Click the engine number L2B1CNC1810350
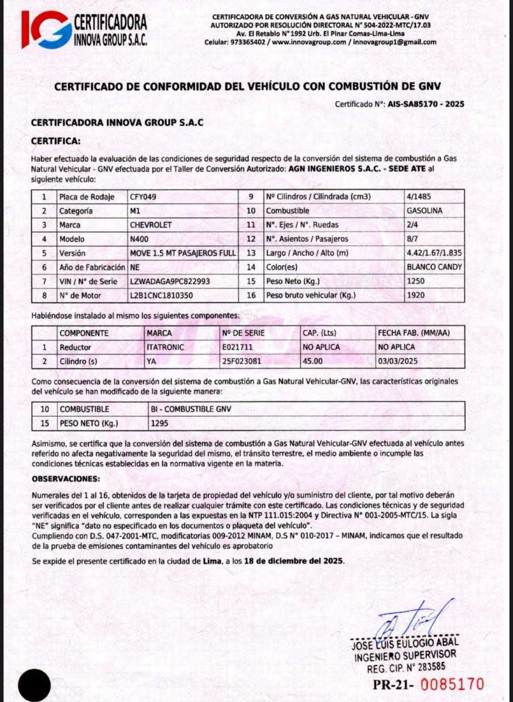pyautogui.click(x=161, y=295)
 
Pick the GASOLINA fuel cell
pyautogui.click(x=424, y=211)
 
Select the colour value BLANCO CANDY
pyautogui.click(x=433, y=267)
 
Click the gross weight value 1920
pyautogui.click(x=415, y=295)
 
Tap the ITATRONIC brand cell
pyautogui.click(x=165, y=347)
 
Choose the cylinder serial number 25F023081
pyautogui.click(x=242, y=362)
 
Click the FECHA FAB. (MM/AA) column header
pyautogui.click(x=414, y=333)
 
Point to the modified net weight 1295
pyautogui.click(x=160, y=423)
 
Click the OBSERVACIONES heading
pyautogui.click(x=66, y=479)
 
